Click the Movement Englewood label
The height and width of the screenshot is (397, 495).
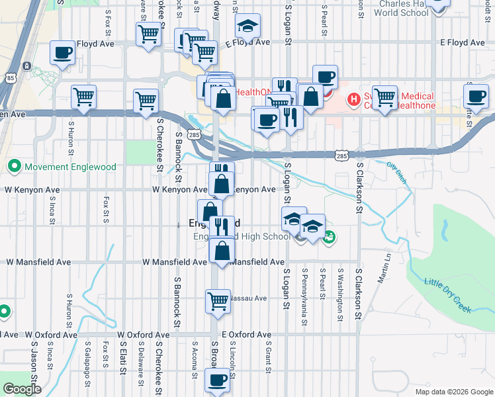click(70, 166)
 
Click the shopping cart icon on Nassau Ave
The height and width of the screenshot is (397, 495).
click(218, 301)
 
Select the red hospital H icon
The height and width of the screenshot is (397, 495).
click(354, 101)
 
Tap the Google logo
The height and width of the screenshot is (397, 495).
click(22, 389)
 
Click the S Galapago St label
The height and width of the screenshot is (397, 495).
click(88, 362)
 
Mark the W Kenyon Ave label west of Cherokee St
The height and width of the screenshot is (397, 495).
click(38, 189)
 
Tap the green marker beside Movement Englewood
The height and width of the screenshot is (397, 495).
click(13, 166)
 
